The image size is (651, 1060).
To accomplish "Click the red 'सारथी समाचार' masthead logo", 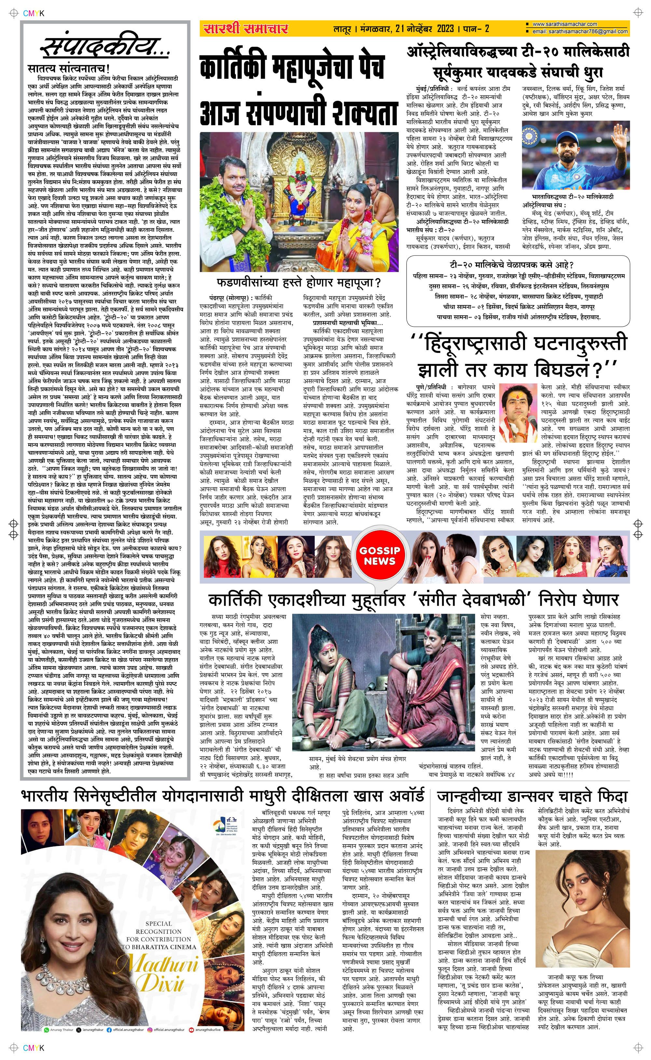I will (x=246, y=29).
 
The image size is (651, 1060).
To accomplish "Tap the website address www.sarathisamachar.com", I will (x=564, y=24).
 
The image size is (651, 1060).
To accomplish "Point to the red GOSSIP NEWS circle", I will (x=380, y=556).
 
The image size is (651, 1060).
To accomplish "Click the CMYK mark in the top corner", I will (x=34, y=13).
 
